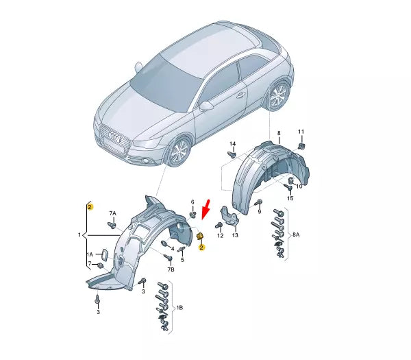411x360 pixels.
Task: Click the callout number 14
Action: [x=232, y=144]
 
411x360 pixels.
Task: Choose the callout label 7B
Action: [x=170, y=271]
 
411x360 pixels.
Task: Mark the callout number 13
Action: [x=235, y=235]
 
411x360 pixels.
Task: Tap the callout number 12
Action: [x=220, y=235]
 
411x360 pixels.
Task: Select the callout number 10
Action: [x=297, y=185]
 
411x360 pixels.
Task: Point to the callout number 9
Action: [x=260, y=213]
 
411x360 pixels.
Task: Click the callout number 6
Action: [x=192, y=202]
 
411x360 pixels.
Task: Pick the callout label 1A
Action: [x=89, y=254]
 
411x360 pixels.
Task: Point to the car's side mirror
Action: [x=206, y=106]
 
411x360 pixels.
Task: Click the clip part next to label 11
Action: [x=301, y=145]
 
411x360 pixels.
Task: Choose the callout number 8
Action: [x=279, y=132]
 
